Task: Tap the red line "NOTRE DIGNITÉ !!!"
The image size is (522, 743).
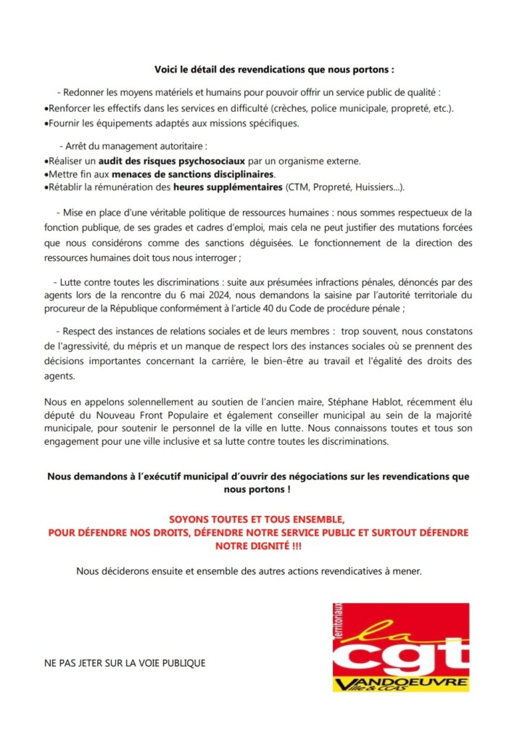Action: pos(259,544)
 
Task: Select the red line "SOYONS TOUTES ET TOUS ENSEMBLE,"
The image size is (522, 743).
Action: pos(259,520)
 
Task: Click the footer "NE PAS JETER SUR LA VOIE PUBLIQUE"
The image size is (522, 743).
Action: pos(125,662)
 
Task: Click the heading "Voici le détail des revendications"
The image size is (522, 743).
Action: pos(273,70)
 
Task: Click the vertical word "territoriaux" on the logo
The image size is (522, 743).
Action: pos(337,620)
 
